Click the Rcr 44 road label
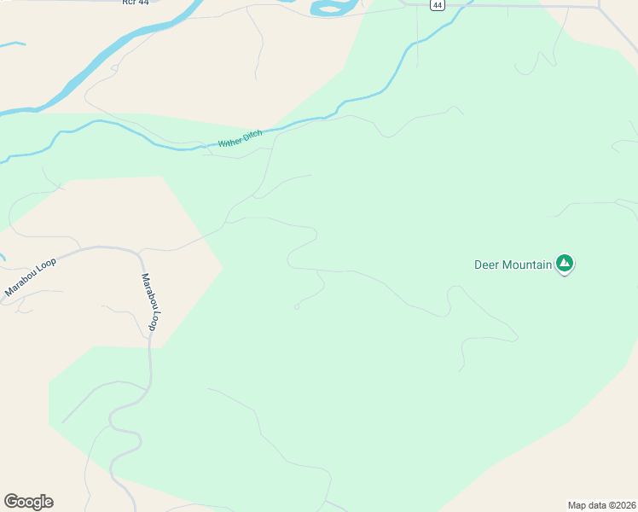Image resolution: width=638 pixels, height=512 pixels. point(136,3)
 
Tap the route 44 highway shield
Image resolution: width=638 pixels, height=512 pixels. point(437,5)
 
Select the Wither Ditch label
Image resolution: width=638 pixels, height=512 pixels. point(240,138)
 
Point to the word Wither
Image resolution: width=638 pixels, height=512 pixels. point(230,141)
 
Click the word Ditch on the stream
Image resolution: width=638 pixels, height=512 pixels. point(252,135)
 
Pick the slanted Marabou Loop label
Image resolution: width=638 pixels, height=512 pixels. point(31,276)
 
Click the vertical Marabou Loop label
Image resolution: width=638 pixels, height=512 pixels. point(151,302)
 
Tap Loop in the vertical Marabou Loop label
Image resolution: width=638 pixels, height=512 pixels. point(154,319)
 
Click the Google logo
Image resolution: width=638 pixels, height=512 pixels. point(28,502)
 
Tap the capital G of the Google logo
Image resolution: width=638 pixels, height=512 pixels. point(11,502)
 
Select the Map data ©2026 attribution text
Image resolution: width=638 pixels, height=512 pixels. point(601,504)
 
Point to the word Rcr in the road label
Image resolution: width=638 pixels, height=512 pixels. point(129,3)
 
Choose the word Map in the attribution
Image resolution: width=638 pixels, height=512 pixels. point(577,504)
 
